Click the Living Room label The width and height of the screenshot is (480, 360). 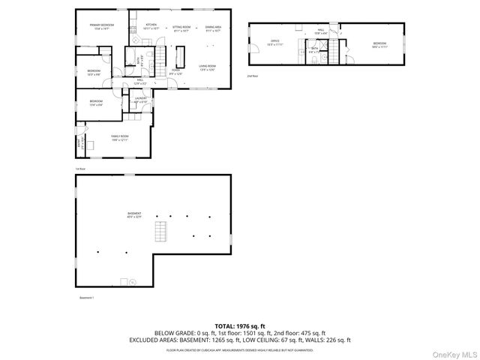tap(208, 68)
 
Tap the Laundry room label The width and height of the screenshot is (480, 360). tap(140, 100)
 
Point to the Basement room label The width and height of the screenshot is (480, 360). tap(134, 215)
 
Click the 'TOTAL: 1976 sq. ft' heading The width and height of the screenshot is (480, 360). tap(240, 326)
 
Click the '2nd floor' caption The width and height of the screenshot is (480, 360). tap(253, 76)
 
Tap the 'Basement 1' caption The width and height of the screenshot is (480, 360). tap(87, 298)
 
